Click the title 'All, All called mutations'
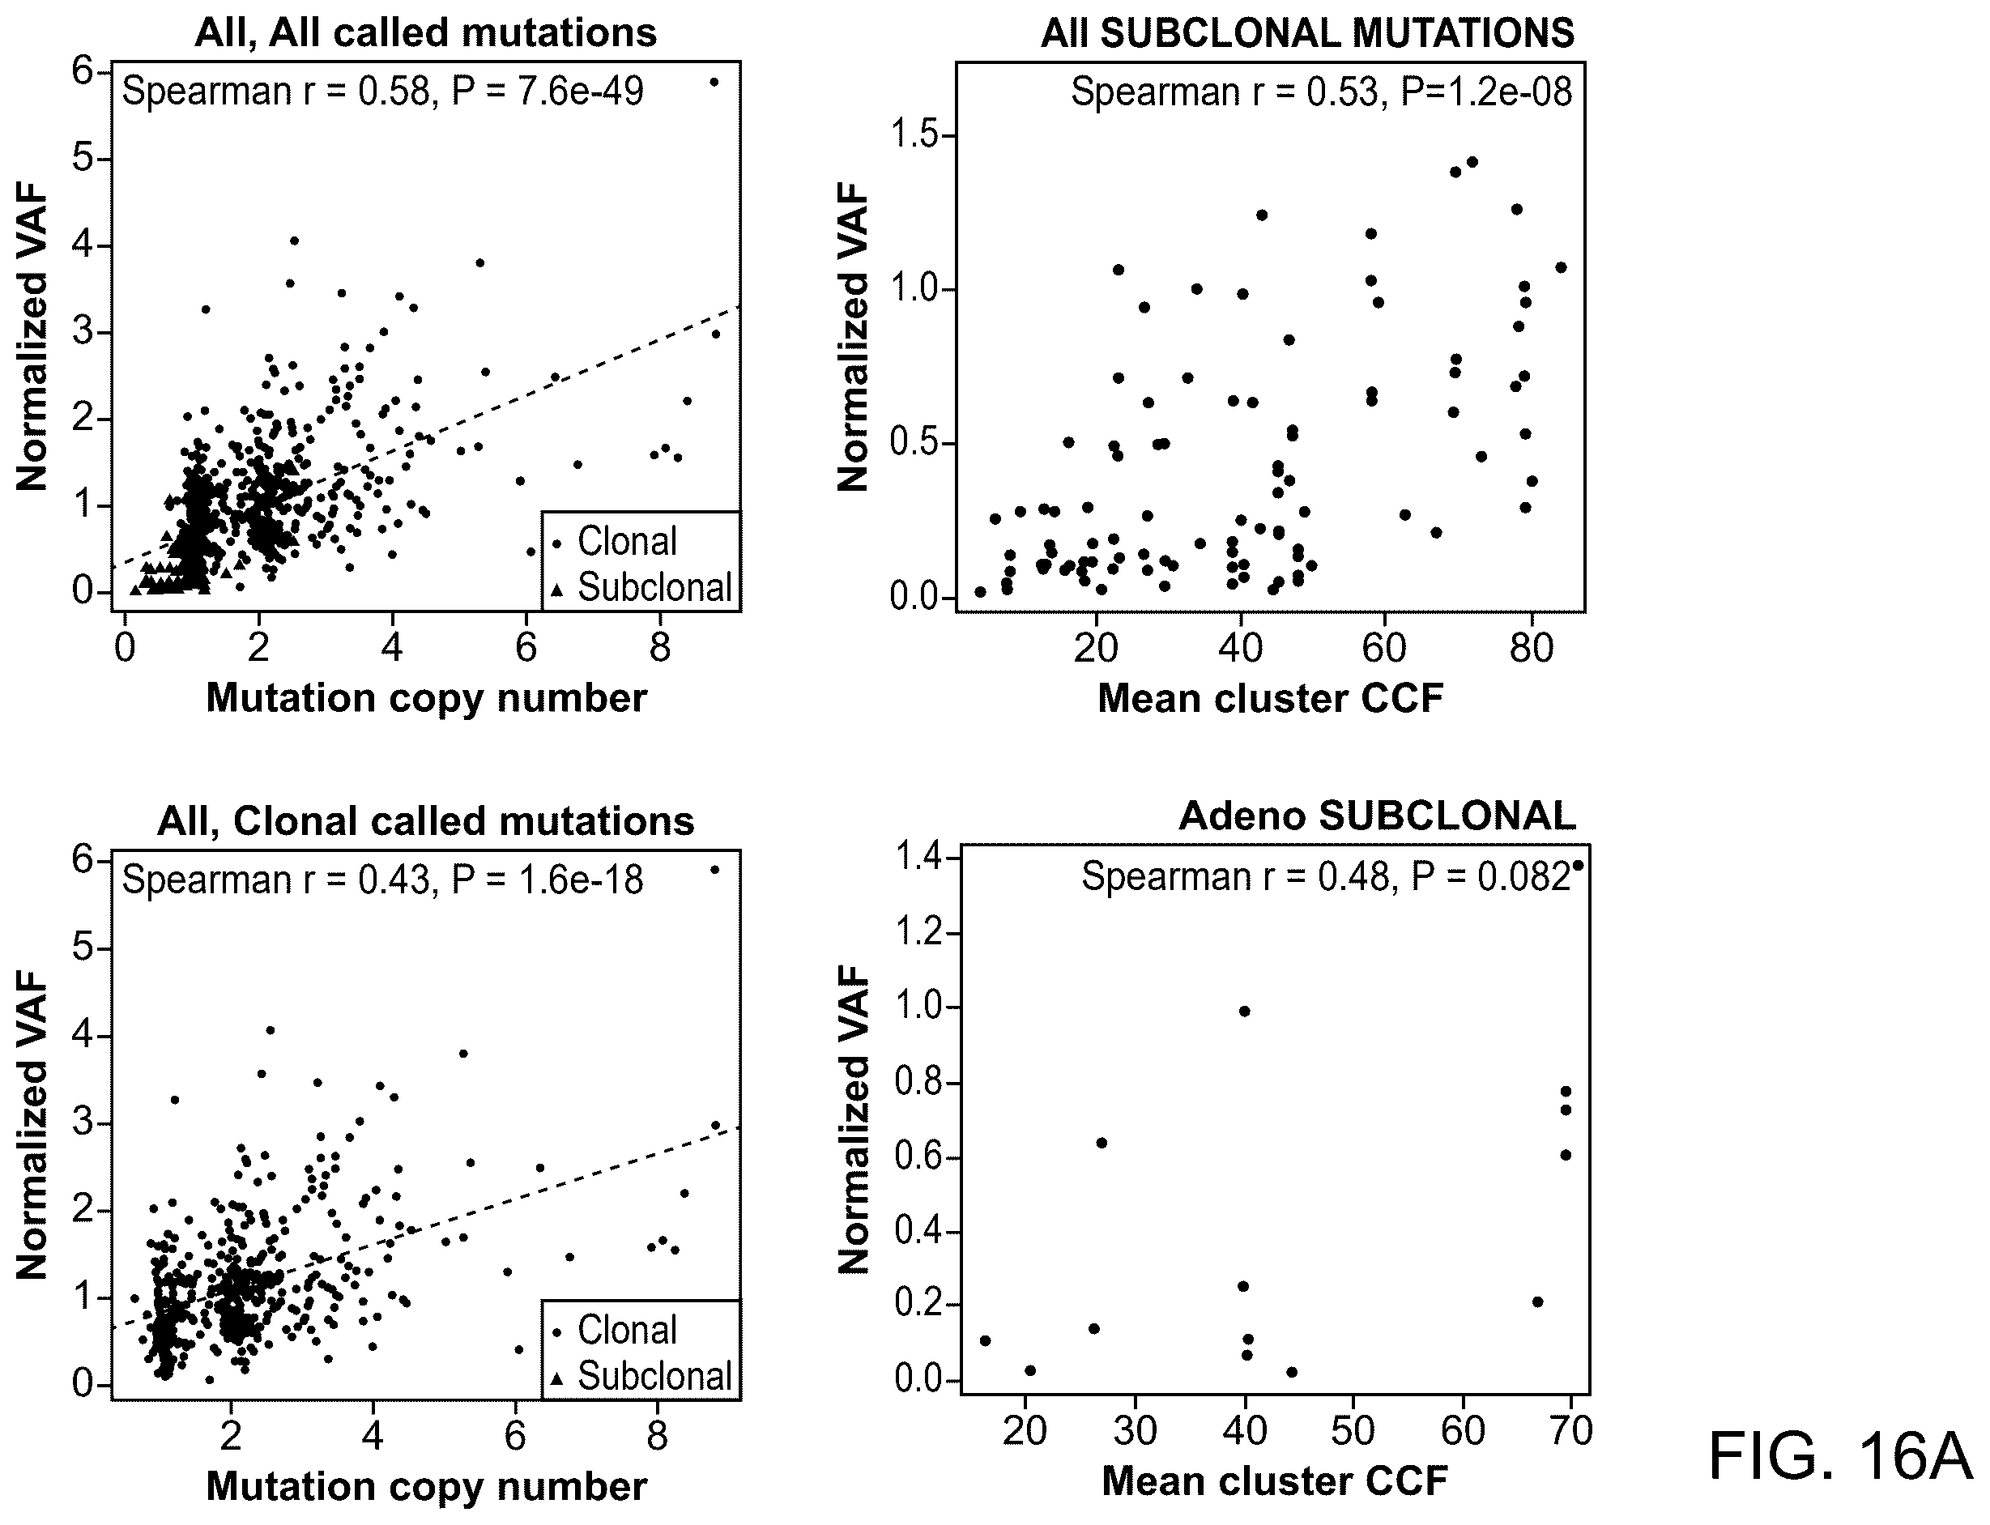(x=426, y=32)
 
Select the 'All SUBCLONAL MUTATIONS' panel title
(x=1307, y=33)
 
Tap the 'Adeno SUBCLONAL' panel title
(x=1377, y=816)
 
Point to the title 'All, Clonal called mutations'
(x=426, y=821)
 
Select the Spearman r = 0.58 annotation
(x=382, y=92)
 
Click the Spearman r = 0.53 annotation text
(x=1321, y=92)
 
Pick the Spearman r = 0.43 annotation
(x=382, y=880)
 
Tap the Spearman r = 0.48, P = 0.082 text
(x=1326, y=877)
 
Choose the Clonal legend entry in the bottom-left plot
(x=616, y=1331)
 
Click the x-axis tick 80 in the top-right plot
(x=1532, y=648)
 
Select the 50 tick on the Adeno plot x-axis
(x=1353, y=1432)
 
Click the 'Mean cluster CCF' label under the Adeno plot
(x=1275, y=1481)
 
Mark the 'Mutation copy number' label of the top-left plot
(x=427, y=698)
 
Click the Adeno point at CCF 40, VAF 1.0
(x=1245, y=1012)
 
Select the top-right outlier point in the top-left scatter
(x=714, y=83)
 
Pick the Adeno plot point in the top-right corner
(x=1578, y=866)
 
